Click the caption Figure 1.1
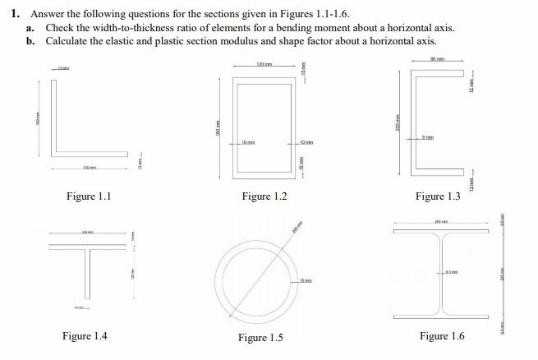click(88, 196)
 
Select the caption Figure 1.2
click(264, 196)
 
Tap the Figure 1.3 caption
click(438, 196)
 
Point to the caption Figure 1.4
click(85, 336)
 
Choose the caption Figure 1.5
click(260, 338)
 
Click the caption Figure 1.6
click(442, 336)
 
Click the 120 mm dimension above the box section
click(264, 63)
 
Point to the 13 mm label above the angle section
click(62, 67)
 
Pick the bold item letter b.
click(30, 40)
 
